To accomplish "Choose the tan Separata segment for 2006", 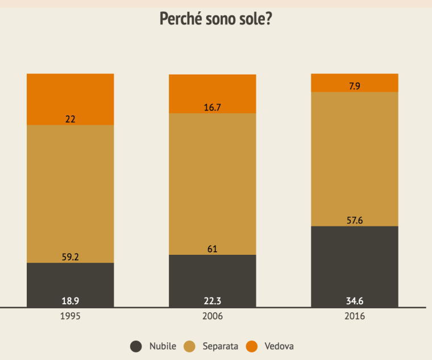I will pyautogui.click(x=213, y=182).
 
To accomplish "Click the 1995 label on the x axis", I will pyautogui.click(x=70, y=316).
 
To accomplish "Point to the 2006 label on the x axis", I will pyautogui.click(x=213, y=316).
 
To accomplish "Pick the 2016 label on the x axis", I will pyautogui.click(x=355, y=316).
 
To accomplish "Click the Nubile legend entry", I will pyautogui.click(x=154, y=346).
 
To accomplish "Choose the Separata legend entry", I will pyautogui.click(x=214, y=346).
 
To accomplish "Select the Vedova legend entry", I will pyautogui.click(x=271, y=346).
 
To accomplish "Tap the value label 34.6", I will pyautogui.click(x=355, y=300).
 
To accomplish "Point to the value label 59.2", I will pyautogui.click(x=70, y=257).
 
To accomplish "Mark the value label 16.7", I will pyautogui.click(x=213, y=107).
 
